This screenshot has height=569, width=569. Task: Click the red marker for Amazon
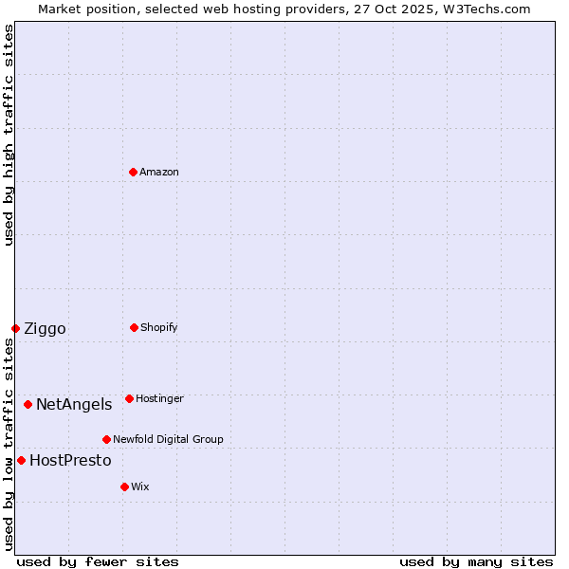click(x=134, y=172)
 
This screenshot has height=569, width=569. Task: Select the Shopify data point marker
click(x=134, y=327)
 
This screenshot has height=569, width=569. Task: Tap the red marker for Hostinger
click(x=129, y=398)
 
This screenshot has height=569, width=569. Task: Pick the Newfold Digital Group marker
click(x=106, y=439)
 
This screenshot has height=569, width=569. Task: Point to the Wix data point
click(x=124, y=486)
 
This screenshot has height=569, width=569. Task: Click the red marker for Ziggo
click(x=15, y=328)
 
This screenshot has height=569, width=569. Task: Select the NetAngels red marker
click(x=28, y=404)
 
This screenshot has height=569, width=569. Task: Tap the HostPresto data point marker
click(x=21, y=460)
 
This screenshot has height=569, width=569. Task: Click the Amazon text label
click(x=159, y=172)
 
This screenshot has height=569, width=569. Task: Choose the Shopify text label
click(x=159, y=327)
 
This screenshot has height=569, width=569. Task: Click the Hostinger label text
click(x=159, y=398)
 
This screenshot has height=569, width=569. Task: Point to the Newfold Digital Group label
click(x=168, y=439)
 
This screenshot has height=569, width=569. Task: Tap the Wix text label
click(x=140, y=486)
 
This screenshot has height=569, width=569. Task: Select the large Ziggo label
click(x=45, y=329)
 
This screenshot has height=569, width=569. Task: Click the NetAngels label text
click(x=74, y=405)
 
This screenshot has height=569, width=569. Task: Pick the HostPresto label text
click(x=70, y=461)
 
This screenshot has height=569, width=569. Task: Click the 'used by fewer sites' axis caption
click(x=98, y=561)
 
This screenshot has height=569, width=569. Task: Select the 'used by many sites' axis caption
click(x=476, y=561)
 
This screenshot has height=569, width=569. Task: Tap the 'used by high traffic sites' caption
click(x=9, y=135)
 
